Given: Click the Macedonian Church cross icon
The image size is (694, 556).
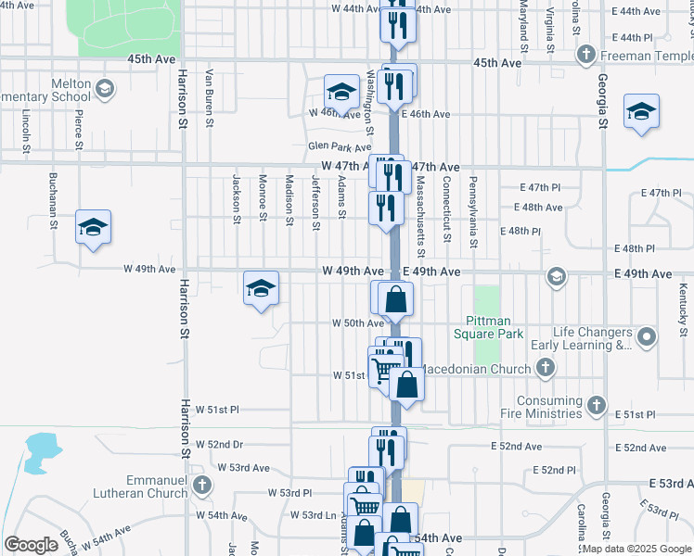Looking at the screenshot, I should coord(546,369).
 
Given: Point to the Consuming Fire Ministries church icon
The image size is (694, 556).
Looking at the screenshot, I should coord(596,406).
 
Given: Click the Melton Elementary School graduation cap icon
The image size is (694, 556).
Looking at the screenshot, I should coord(105,89).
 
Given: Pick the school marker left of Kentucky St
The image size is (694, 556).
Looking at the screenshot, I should coord(641,112).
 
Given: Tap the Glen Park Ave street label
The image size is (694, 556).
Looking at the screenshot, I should coord(340,147).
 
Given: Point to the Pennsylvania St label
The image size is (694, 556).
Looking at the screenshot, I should coord(472,212).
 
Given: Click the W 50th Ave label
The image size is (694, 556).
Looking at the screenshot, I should coord(358,323).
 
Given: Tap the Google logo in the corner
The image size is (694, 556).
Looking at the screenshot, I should coord(31,545).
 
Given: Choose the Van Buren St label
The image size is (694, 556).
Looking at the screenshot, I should coord(211,97).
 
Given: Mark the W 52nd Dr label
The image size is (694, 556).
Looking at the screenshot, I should coord(219,444).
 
